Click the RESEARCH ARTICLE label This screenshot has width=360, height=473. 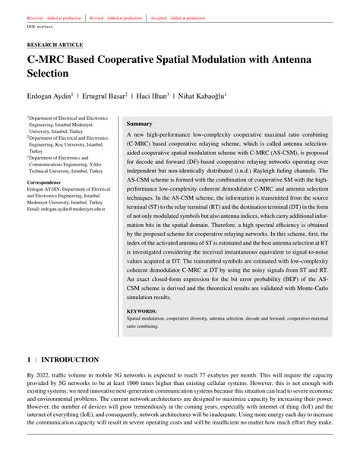coord(54,44)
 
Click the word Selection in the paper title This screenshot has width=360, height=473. coord(52,74)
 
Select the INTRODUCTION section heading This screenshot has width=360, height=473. coord(70,359)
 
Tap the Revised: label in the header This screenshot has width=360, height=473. coord(98,17)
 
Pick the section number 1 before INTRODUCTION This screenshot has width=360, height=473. coord(29,359)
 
